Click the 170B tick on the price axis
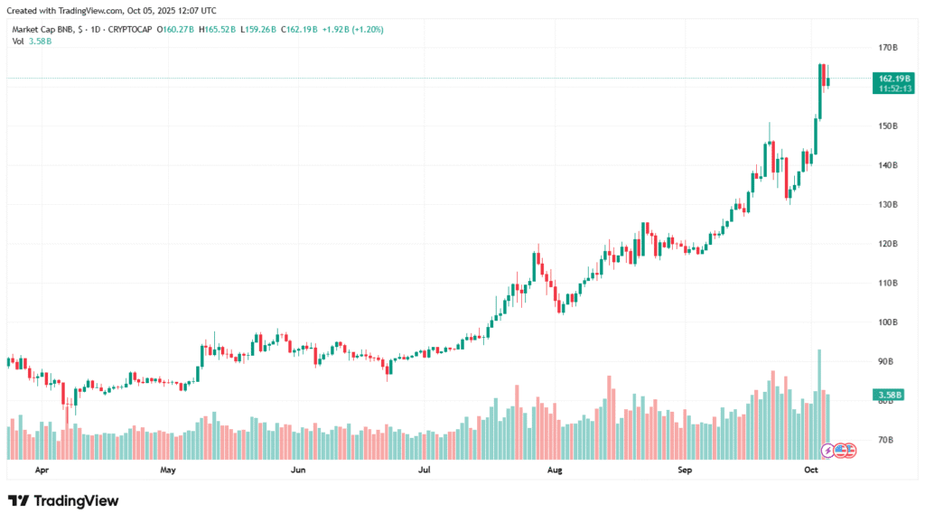(887, 47)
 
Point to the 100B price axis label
(887, 322)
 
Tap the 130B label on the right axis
(887, 204)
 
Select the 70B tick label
(887, 440)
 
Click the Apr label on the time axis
(42, 471)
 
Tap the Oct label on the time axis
(811, 471)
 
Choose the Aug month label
(556, 471)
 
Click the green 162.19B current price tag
(892, 79)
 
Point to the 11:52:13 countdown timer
(892, 89)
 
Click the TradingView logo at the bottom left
(63, 500)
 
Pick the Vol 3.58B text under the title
(32, 41)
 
